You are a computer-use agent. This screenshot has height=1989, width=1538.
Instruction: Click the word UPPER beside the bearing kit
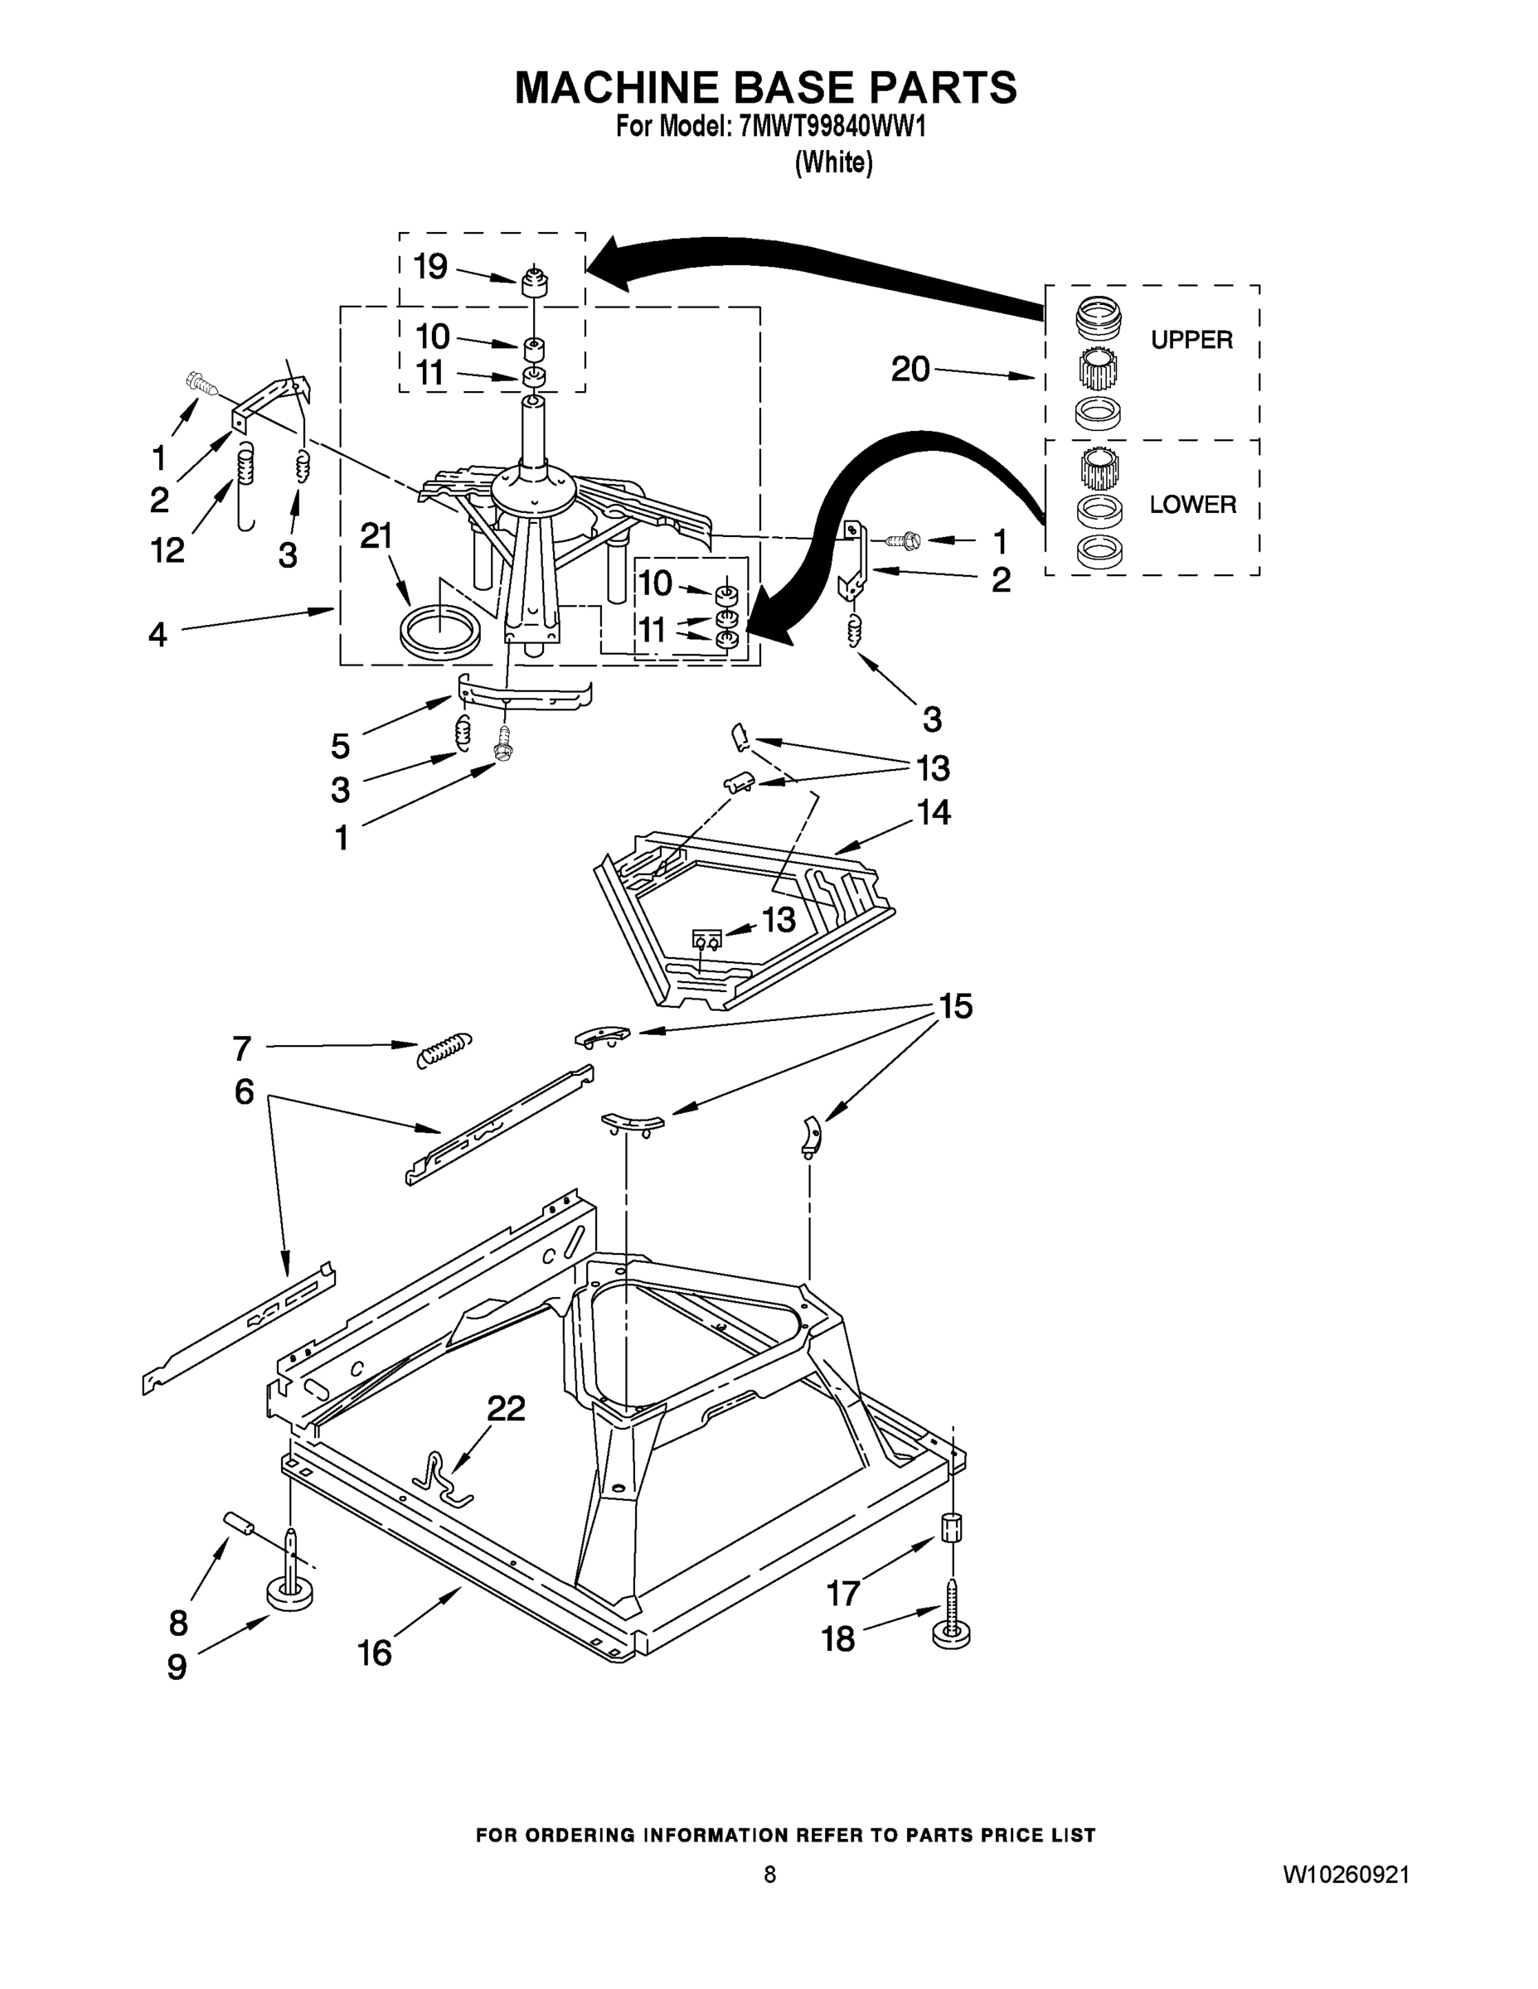1191,340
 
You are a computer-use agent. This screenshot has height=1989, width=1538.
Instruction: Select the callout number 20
910,370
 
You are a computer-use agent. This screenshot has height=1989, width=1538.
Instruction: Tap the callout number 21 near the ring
376,536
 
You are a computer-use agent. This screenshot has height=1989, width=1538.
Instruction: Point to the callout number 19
431,267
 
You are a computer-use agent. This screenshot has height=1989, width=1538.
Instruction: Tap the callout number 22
506,1410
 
